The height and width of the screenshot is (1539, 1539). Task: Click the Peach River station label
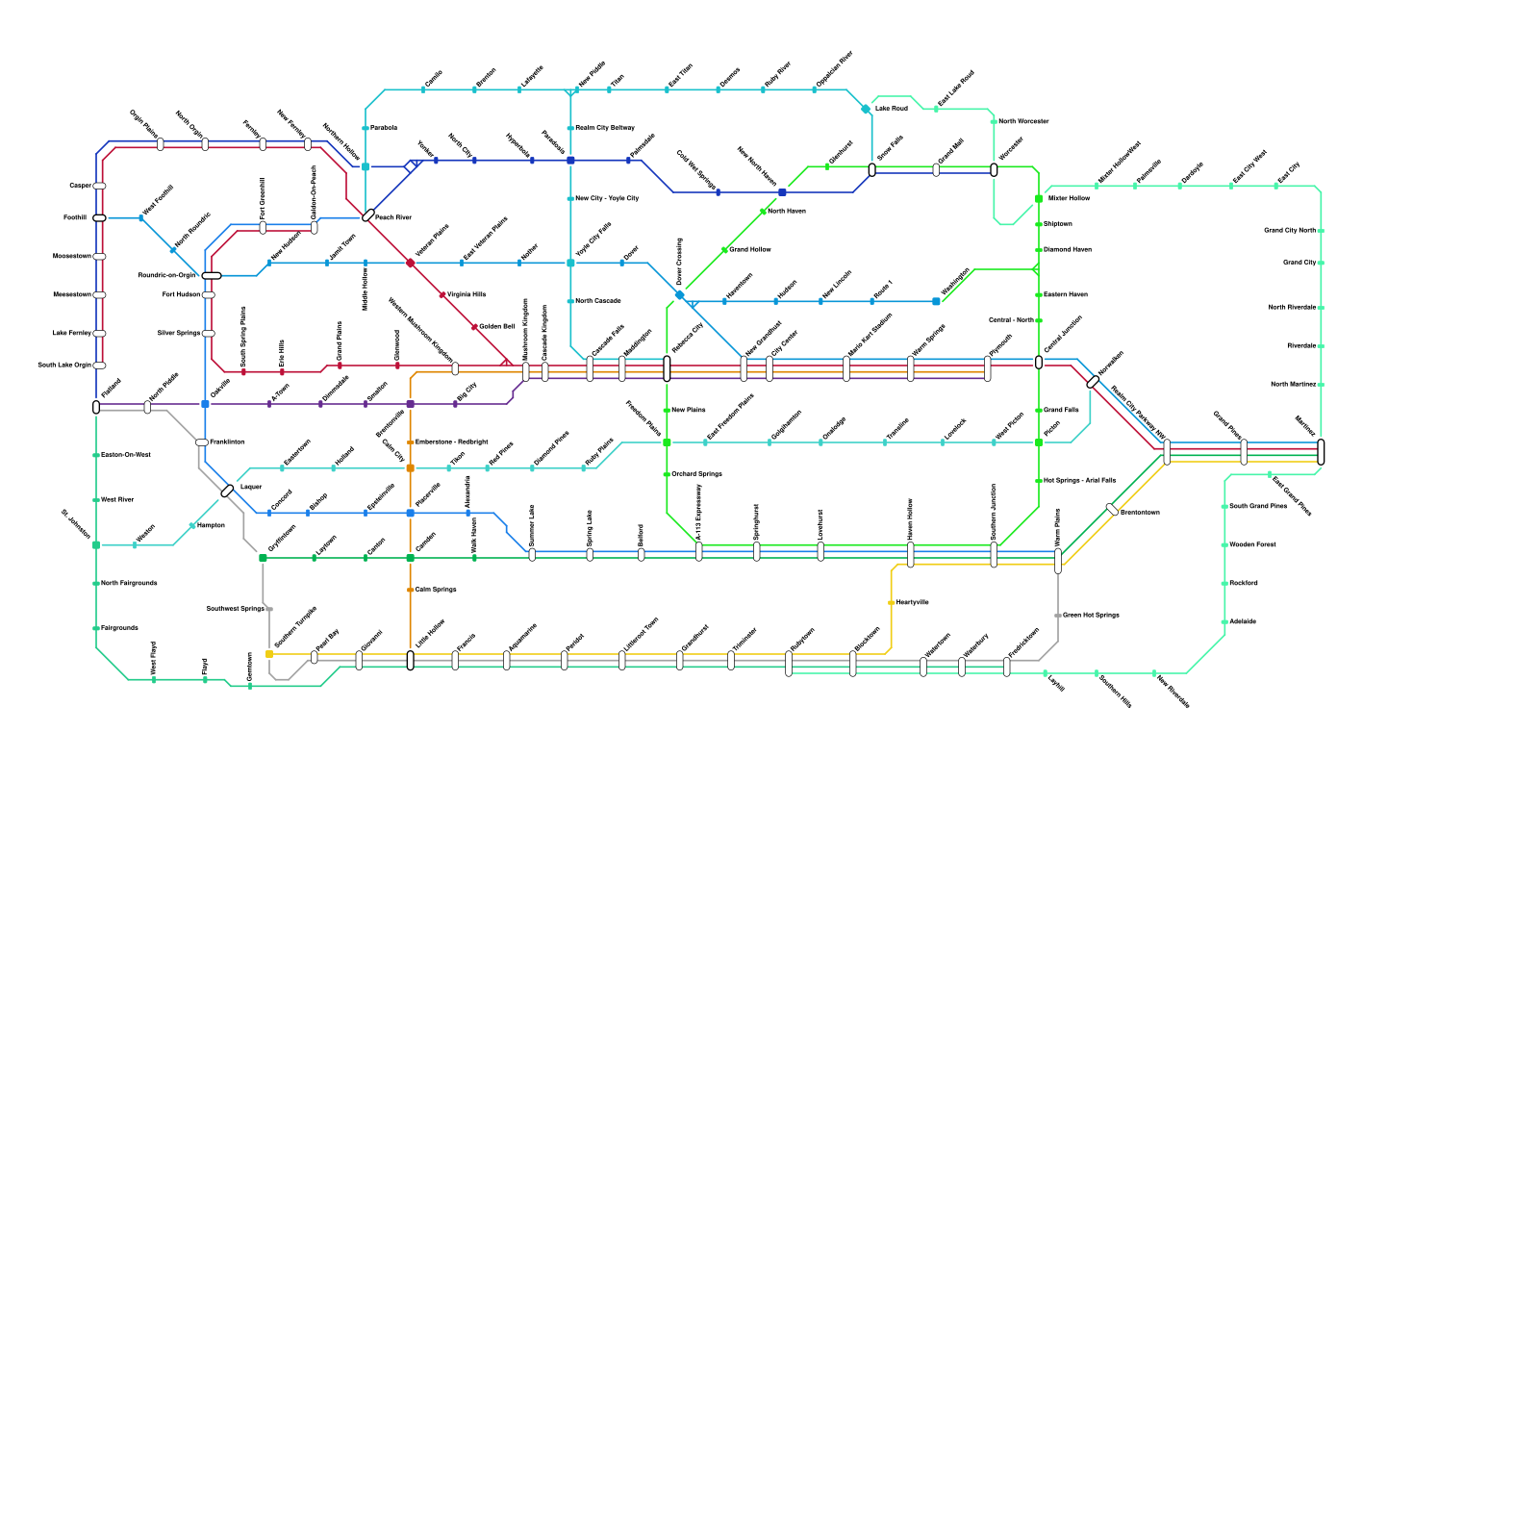(x=393, y=217)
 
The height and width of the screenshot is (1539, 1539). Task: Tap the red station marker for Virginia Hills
(x=442, y=295)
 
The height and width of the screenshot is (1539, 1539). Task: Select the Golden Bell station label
(x=496, y=326)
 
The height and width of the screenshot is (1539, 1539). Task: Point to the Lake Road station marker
(x=866, y=109)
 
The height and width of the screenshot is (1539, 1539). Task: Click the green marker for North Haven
(x=763, y=212)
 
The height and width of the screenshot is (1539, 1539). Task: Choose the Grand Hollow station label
(x=749, y=249)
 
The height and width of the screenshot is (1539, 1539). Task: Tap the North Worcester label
(x=1023, y=121)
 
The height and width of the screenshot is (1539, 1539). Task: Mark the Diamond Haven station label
(x=1067, y=249)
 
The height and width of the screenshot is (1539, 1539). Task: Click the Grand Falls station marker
(x=1039, y=411)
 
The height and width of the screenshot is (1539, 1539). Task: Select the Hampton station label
(x=211, y=525)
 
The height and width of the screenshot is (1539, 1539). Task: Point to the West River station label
(x=117, y=499)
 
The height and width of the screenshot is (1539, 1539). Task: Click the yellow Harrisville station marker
(x=892, y=603)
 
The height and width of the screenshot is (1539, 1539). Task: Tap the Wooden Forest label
(x=1252, y=544)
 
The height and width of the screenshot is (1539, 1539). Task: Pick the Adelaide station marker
(x=1224, y=622)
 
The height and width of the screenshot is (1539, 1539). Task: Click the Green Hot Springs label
(x=1091, y=615)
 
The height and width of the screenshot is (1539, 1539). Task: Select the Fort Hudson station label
(x=181, y=294)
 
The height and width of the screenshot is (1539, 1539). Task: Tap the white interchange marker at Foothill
(x=99, y=218)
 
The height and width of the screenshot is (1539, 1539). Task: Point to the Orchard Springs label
(x=696, y=473)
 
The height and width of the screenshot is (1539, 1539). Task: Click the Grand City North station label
(x=1289, y=230)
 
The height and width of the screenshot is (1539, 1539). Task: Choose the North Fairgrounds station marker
(x=96, y=584)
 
